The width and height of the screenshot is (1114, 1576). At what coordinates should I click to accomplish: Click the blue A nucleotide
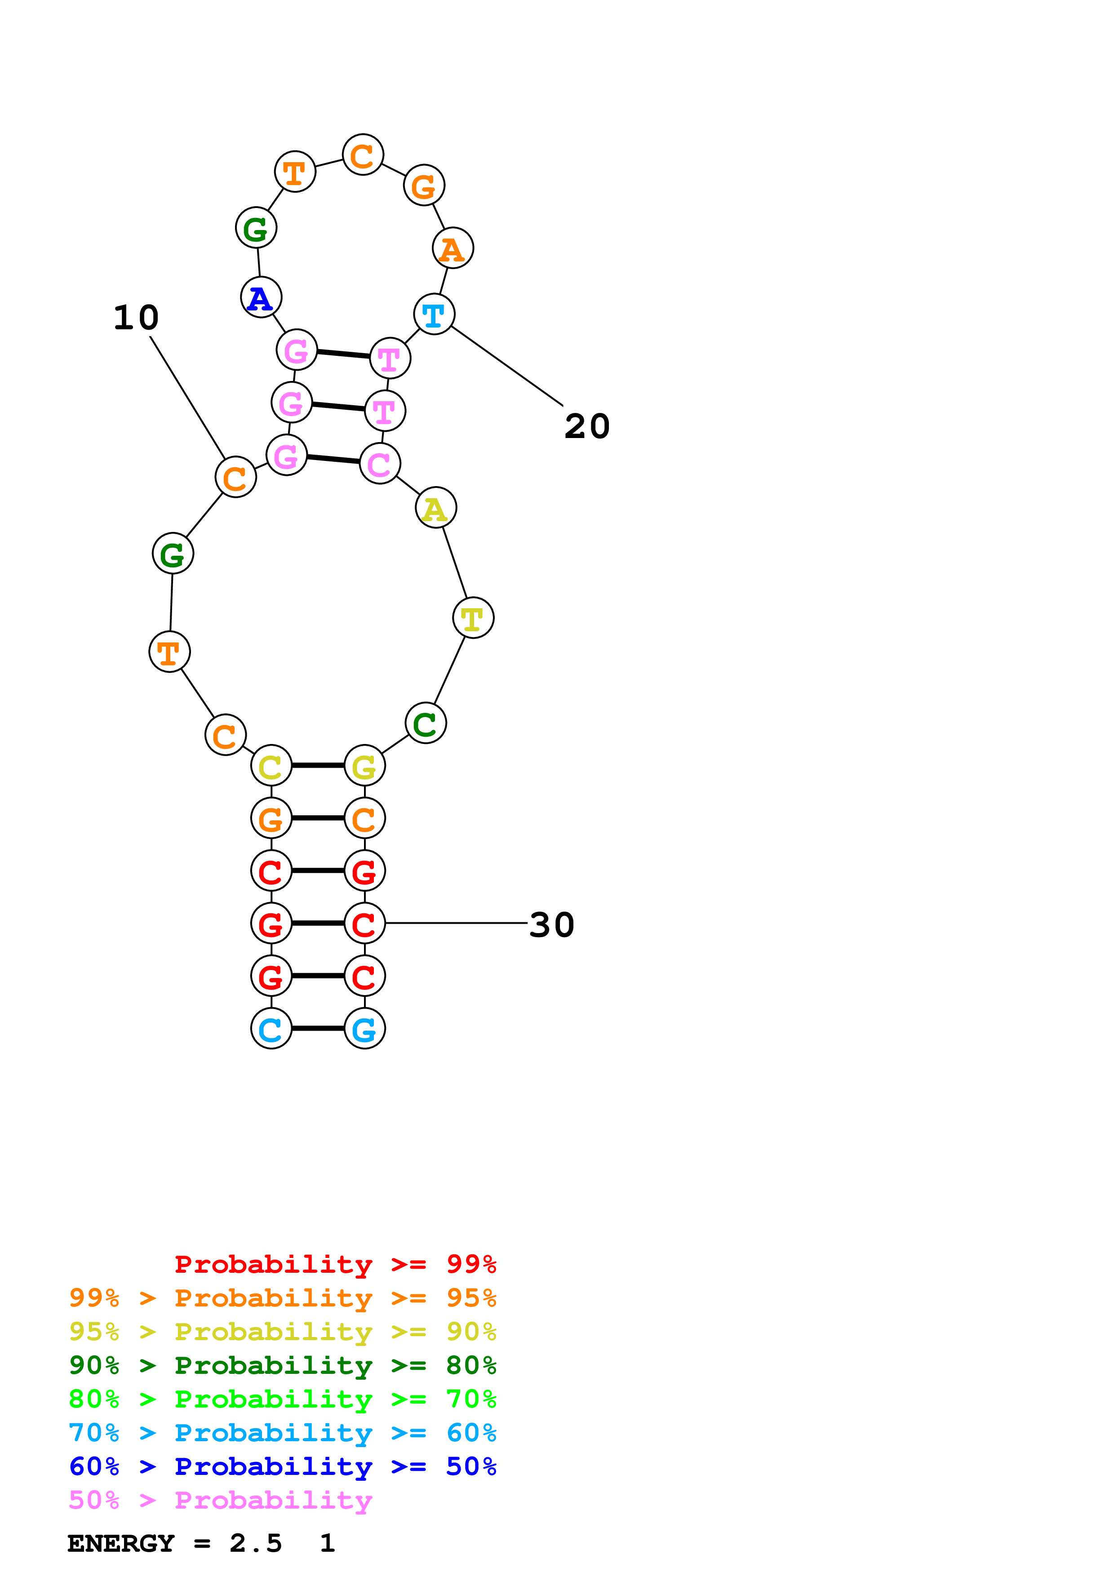(261, 297)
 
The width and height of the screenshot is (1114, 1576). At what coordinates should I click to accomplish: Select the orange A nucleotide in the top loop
(453, 248)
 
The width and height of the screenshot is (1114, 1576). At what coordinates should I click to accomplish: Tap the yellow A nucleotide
(436, 508)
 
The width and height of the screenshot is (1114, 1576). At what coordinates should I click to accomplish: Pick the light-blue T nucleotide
(434, 315)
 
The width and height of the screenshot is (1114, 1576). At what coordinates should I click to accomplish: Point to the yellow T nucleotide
(473, 618)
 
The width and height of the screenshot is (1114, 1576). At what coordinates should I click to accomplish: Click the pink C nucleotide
(380, 464)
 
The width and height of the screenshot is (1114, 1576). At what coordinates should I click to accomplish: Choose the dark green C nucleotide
(426, 723)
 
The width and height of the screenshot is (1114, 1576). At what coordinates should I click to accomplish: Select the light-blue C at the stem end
(271, 1028)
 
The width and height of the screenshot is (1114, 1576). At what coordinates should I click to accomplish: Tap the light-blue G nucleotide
(364, 1028)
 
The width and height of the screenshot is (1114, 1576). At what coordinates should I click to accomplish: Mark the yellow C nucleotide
(271, 766)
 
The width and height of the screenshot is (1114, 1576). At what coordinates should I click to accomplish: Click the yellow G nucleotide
(364, 766)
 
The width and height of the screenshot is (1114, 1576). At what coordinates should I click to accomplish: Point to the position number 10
(137, 318)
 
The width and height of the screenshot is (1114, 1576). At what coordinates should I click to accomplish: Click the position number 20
(587, 426)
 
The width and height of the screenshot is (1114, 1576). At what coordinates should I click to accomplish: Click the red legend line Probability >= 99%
(335, 1264)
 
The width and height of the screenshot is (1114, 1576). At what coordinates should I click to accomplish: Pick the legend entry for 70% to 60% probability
(283, 1433)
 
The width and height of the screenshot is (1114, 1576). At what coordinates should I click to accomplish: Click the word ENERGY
(121, 1543)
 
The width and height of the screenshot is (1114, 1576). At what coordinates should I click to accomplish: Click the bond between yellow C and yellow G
(318, 766)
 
